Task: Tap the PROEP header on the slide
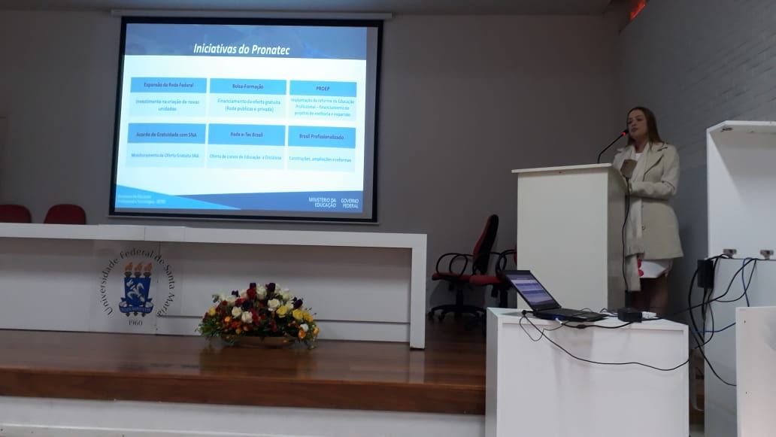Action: [x=323, y=89]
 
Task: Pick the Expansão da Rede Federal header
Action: [x=168, y=85]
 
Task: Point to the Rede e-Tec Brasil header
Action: [x=246, y=135]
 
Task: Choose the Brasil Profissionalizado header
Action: [x=322, y=137]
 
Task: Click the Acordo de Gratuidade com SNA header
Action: [x=166, y=134]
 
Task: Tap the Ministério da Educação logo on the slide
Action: [x=323, y=202]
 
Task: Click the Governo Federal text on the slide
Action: [x=350, y=202]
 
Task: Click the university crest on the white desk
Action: [x=136, y=287]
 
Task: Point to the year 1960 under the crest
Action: [x=135, y=322]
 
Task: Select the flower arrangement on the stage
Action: [x=259, y=314]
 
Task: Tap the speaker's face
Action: [x=637, y=125]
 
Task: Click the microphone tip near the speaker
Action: [x=624, y=133]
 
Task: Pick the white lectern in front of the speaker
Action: [x=569, y=234]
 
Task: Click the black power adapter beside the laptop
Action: [x=630, y=314]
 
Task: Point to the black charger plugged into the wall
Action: [x=705, y=274]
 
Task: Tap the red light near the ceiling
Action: [x=638, y=8]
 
